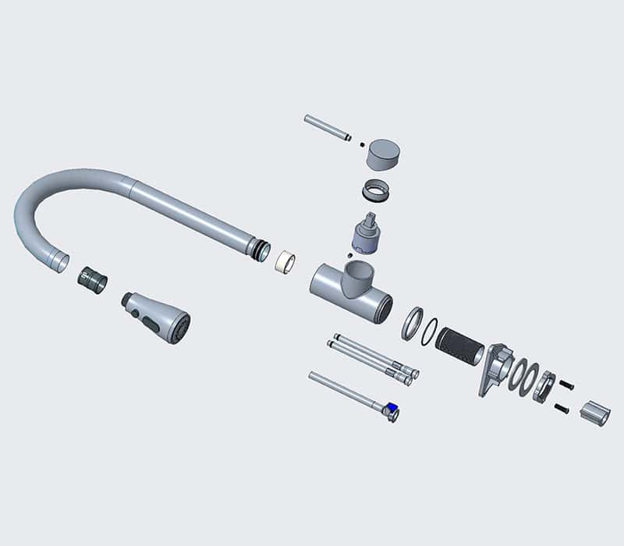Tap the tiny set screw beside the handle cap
(x=361, y=143)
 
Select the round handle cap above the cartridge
(x=385, y=154)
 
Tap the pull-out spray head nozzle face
(x=180, y=326)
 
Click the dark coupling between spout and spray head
(x=94, y=280)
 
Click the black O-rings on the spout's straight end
(x=257, y=248)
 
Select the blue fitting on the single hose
(x=392, y=406)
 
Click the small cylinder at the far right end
(x=597, y=413)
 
